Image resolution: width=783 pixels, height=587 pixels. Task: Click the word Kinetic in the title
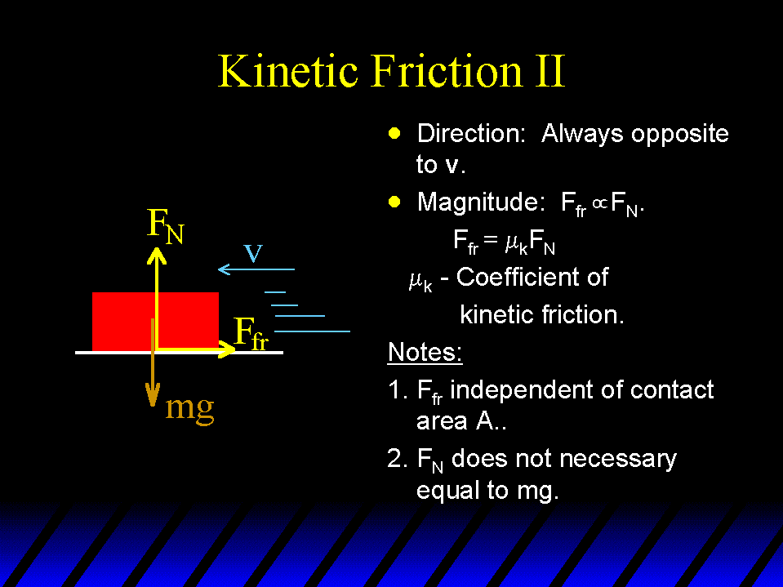coord(288,71)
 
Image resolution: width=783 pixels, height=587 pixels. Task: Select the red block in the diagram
coord(155,321)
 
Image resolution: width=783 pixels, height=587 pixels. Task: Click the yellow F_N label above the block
coord(166,226)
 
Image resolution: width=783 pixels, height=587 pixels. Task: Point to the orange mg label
coord(189,408)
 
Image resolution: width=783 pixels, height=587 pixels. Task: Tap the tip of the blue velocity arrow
coord(219,269)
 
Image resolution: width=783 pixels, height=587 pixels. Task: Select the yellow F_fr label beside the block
coord(251,333)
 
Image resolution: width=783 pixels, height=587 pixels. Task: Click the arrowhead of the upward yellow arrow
coord(156,255)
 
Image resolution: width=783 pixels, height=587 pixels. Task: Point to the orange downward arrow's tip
coord(153,405)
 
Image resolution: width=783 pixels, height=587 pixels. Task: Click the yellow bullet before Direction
coord(394,133)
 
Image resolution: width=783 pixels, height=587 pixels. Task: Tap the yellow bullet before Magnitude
coord(394,202)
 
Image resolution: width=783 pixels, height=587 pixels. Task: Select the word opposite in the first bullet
coord(679,134)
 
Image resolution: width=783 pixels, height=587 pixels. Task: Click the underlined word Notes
coord(425,352)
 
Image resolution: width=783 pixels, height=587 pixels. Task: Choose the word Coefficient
coord(532,277)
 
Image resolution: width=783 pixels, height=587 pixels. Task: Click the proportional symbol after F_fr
coord(600,203)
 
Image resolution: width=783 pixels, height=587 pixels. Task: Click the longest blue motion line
coord(312,331)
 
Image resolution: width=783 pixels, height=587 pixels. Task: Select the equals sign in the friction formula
coord(491,240)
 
